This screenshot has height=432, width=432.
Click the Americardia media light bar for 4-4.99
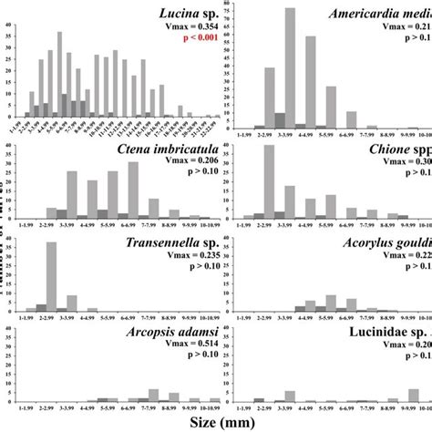click(x=311, y=82)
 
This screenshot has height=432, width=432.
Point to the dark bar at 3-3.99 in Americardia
click(x=280, y=119)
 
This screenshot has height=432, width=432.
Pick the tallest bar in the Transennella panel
click(x=51, y=265)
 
